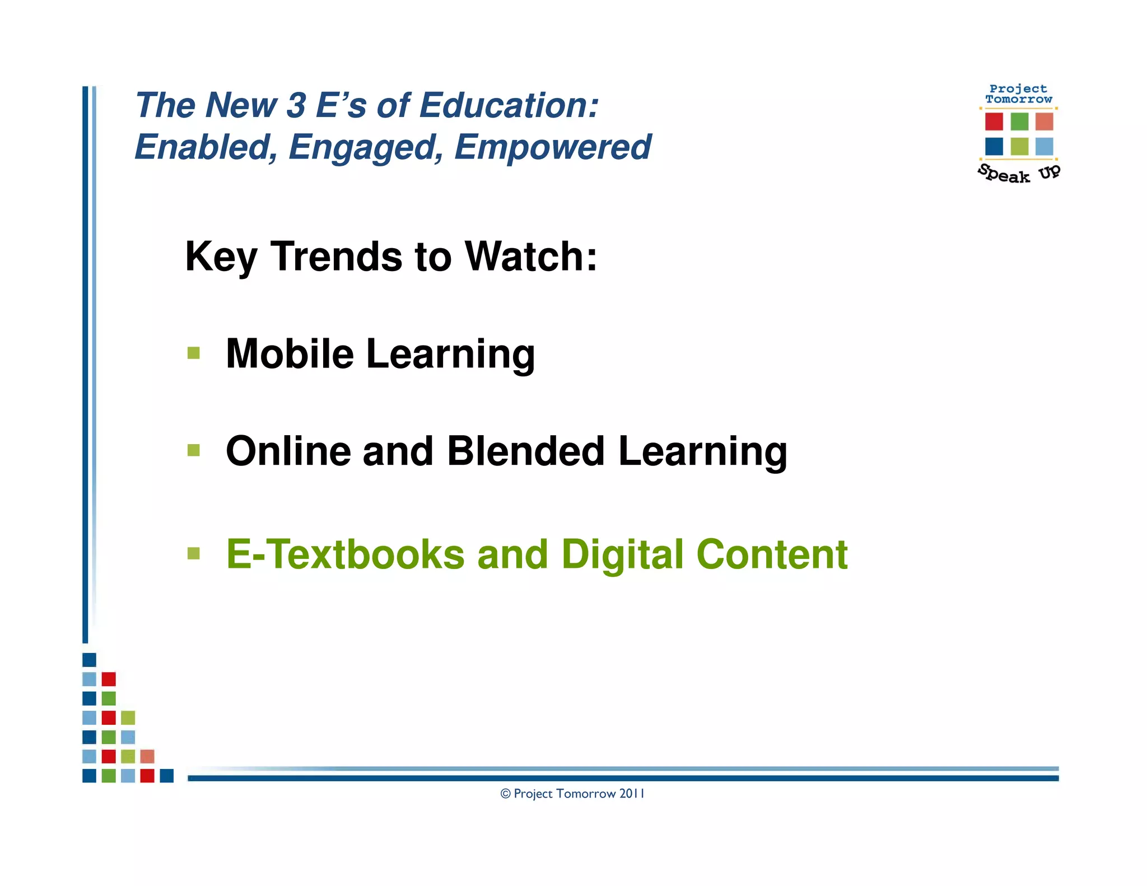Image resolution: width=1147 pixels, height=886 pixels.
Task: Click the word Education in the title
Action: pos(509,105)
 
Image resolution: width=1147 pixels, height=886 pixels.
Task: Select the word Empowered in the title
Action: pos(552,147)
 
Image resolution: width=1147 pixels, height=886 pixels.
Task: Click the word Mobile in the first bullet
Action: pos(290,353)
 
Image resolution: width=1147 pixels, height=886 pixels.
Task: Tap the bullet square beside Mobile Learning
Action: pos(194,353)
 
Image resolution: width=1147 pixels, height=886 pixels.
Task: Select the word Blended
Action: pos(526,451)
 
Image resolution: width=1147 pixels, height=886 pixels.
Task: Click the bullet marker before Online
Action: pos(194,450)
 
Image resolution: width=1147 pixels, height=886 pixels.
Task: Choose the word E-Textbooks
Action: pos(345,554)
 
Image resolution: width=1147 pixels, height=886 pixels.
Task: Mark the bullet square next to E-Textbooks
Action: pos(194,554)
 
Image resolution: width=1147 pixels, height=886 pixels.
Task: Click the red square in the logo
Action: pos(994,122)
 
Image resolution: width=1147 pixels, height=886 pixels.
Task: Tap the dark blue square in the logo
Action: pos(994,147)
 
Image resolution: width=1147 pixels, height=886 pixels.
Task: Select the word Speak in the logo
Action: pos(1004,174)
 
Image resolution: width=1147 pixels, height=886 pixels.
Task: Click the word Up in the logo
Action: pos(1049,172)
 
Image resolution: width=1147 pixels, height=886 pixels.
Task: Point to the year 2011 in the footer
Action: pos(632,794)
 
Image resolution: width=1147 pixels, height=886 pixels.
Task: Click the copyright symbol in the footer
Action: pos(506,794)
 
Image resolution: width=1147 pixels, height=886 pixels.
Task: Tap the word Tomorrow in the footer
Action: pos(586,794)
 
